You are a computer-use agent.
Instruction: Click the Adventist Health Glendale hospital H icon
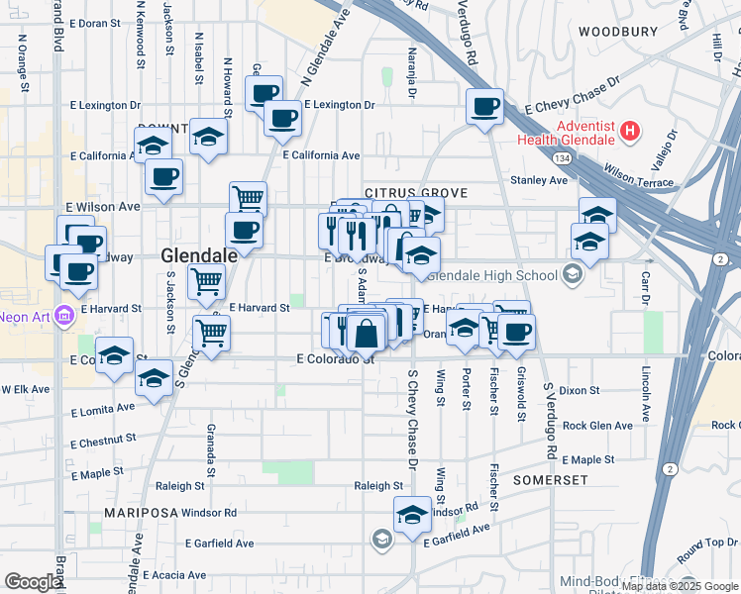pos(630,131)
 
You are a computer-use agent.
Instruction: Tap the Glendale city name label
pos(199,255)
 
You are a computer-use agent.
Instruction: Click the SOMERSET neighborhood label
pos(551,479)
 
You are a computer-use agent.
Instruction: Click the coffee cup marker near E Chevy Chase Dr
pos(484,107)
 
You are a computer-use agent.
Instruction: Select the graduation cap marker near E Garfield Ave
pos(412,515)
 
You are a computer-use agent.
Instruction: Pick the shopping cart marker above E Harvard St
pos(206,281)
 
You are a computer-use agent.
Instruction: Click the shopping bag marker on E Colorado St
pos(366,334)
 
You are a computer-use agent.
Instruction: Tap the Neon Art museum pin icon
pos(64,317)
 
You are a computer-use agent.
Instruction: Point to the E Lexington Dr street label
pos(340,104)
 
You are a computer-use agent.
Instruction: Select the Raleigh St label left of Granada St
pos(179,486)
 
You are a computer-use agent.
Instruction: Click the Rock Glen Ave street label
pos(596,426)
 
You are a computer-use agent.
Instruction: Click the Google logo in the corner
pos(33,582)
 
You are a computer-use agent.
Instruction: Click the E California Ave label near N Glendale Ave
pos(321,155)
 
